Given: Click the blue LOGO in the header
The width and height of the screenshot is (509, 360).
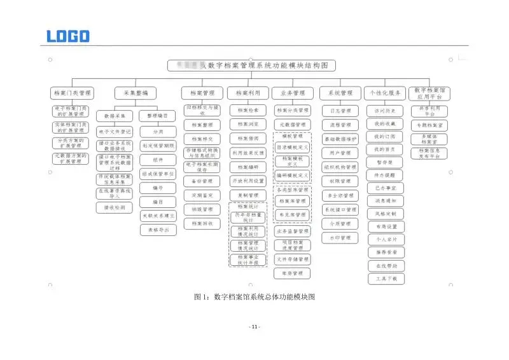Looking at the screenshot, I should pyautogui.click(x=68, y=36).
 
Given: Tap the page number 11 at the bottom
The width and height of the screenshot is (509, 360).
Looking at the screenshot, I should pyautogui.click(x=254, y=327).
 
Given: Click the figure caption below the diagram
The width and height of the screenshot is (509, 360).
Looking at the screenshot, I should pyautogui.click(x=254, y=296).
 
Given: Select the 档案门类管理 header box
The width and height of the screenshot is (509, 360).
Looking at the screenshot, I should pyautogui.click(x=72, y=93).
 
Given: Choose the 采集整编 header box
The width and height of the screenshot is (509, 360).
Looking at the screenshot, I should pyautogui.click(x=136, y=93).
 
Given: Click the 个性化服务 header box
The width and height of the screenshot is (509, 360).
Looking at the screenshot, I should pyautogui.click(x=385, y=93).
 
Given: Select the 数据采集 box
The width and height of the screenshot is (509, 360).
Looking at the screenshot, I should pyautogui.click(x=115, y=116).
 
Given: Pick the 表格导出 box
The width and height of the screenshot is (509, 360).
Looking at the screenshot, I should pyautogui.click(x=158, y=230).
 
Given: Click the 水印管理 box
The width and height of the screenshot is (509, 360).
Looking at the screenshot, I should pyautogui.click(x=340, y=239).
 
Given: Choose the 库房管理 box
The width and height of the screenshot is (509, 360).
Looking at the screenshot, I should pyautogui.click(x=292, y=273).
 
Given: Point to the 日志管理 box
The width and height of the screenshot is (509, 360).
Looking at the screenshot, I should pyautogui.click(x=340, y=111).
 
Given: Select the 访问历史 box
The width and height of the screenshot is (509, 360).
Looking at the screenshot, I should pyautogui.click(x=386, y=111).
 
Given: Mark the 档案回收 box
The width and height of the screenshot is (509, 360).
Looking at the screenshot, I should pyautogui.click(x=202, y=223).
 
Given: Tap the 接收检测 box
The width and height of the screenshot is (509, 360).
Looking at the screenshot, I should pyautogui.click(x=115, y=207).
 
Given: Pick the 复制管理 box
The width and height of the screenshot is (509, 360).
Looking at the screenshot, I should pyautogui.click(x=248, y=195).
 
